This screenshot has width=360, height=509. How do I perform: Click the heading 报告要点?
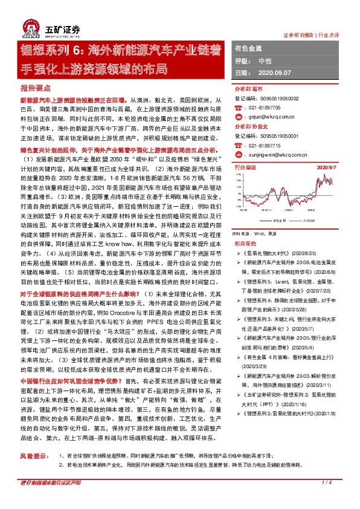pos(33,88)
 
